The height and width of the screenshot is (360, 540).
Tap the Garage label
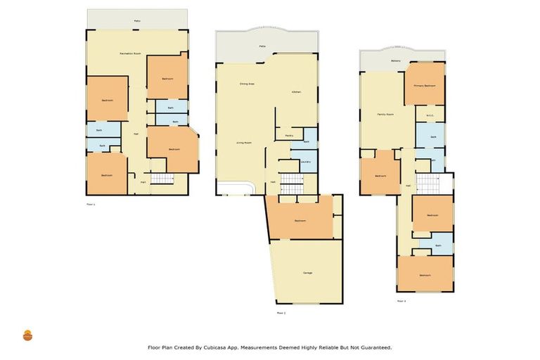pos(307,273)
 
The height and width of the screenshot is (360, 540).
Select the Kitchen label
pos(297,92)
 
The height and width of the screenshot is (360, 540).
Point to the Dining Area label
pos(246,84)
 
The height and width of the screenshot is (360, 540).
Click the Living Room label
pos(243,143)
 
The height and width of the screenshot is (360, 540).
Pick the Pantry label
pos(289,136)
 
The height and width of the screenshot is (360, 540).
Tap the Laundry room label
pos(305,162)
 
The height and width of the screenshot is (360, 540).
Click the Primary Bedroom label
pos(425,85)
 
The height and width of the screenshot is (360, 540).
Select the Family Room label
pos(385,114)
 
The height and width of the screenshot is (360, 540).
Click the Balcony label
pos(396,61)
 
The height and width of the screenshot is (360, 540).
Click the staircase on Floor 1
pos(162,179)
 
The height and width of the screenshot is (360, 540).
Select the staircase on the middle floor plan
pos(291,184)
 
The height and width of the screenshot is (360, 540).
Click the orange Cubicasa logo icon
pos(27,335)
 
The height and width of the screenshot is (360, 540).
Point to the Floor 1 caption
pos(90,205)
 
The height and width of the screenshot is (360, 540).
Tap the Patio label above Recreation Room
pos(137,21)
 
